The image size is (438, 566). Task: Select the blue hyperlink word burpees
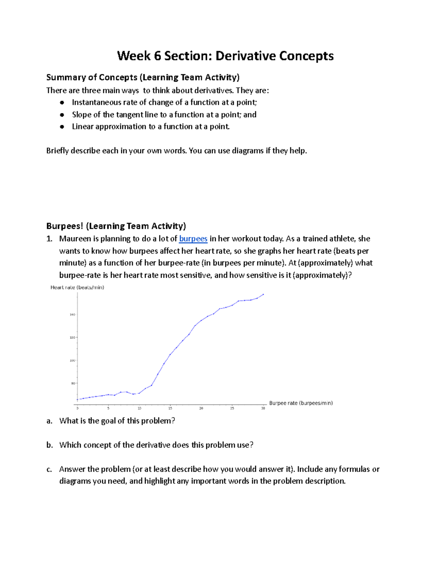tap(193, 239)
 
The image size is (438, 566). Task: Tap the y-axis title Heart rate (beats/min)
tap(77, 287)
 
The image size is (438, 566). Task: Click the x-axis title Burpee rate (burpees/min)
tap(301, 403)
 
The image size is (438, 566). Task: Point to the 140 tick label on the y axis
tap(72, 315)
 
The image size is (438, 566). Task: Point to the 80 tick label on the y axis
tap(73, 383)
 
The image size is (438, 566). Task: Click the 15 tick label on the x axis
tap(170, 409)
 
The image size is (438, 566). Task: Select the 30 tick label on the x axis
tap(263, 409)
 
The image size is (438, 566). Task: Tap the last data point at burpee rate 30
tap(263, 294)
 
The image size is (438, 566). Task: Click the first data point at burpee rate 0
tap(77, 399)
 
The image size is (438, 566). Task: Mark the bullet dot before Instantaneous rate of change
tap(62, 103)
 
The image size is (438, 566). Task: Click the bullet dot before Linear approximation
tap(62, 127)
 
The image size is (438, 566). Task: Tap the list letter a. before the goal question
tap(49, 421)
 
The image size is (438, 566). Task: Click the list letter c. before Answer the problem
tap(49, 469)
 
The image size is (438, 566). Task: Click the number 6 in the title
tap(157, 56)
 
